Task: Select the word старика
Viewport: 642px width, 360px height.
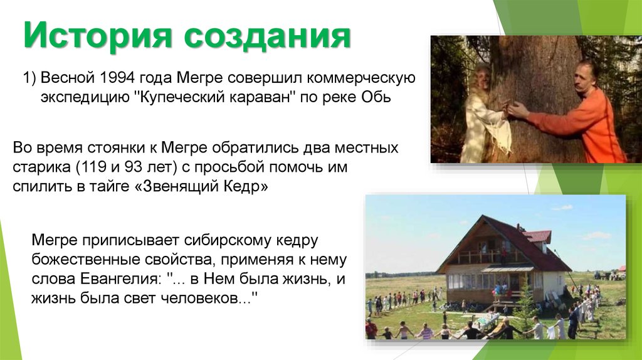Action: pos(39,169)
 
